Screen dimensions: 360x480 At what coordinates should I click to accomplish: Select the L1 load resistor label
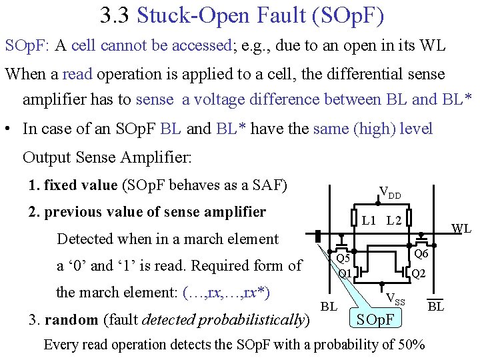[369, 220]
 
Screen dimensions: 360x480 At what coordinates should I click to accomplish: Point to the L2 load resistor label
[394, 220]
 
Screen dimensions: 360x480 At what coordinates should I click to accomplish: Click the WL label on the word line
[461, 229]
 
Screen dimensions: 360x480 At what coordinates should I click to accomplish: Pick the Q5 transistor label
[343, 258]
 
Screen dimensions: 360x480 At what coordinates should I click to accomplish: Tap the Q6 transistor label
[421, 254]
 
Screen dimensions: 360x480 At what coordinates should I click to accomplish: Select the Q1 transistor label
[345, 273]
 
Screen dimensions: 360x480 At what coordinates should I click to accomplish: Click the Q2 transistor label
[419, 273]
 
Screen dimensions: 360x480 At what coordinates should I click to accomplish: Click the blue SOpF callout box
[376, 319]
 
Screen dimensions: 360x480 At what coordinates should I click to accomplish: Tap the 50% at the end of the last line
[411, 345]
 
